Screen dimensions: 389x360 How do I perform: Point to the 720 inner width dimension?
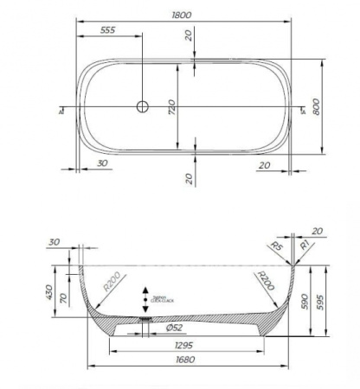coord(171,107)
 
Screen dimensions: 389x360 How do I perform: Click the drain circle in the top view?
coord(143,106)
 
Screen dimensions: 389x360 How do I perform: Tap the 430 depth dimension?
coord(48,294)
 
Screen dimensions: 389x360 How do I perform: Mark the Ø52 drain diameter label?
coord(173,328)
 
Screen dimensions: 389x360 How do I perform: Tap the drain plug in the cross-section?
coord(145,316)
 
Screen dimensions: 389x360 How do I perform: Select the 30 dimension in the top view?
coord(102,163)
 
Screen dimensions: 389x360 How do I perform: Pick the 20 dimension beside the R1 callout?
coord(317,231)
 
